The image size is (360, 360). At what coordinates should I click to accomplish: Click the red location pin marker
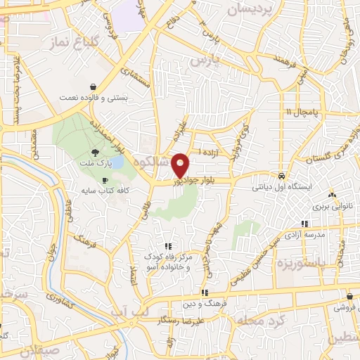point(181,165)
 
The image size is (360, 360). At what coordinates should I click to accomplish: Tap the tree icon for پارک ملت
point(94,153)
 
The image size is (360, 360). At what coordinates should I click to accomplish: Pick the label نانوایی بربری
point(331,207)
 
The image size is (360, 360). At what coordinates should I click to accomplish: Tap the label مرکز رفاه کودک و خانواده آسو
point(168,263)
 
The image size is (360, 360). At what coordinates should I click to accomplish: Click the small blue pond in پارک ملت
point(117,163)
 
